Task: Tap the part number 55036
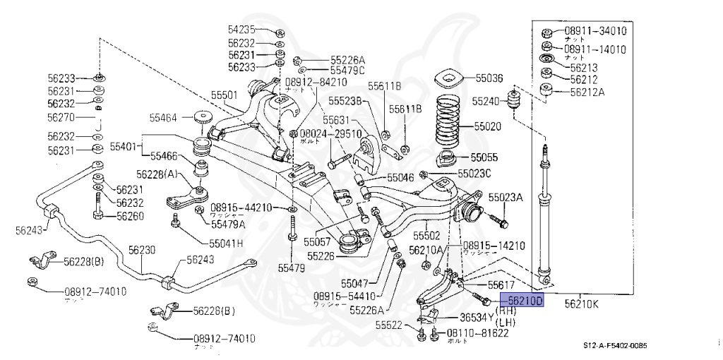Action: point(489,78)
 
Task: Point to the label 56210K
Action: point(582,304)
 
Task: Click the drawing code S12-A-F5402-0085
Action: point(614,345)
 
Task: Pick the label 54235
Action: point(242,30)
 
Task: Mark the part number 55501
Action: point(224,94)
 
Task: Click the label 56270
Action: point(61,117)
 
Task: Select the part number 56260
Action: point(130,215)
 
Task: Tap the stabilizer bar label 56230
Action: point(142,250)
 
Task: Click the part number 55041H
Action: point(226,243)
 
